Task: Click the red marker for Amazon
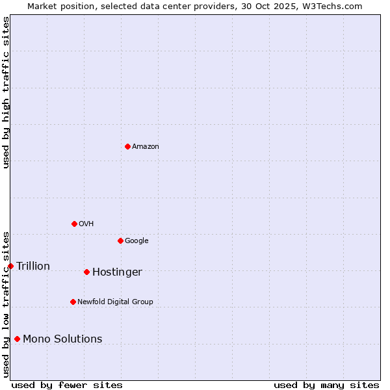click(127, 146)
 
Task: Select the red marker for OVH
click(74, 224)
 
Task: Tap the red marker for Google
click(120, 240)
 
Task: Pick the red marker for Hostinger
click(86, 272)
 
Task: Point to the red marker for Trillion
click(10, 266)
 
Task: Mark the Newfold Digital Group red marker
click(73, 302)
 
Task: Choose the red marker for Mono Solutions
click(17, 339)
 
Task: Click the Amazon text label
click(146, 147)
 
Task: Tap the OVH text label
click(86, 224)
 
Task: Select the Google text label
click(136, 241)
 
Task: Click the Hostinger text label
click(117, 272)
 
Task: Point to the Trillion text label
click(33, 266)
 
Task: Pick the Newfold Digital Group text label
click(115, 302)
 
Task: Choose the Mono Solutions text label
click(62, 339)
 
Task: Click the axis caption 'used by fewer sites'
click(67, 385)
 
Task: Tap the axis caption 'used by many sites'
click(326, 385)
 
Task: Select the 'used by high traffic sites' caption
click(6, 92)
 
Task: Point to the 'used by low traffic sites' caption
click(6, 304)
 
